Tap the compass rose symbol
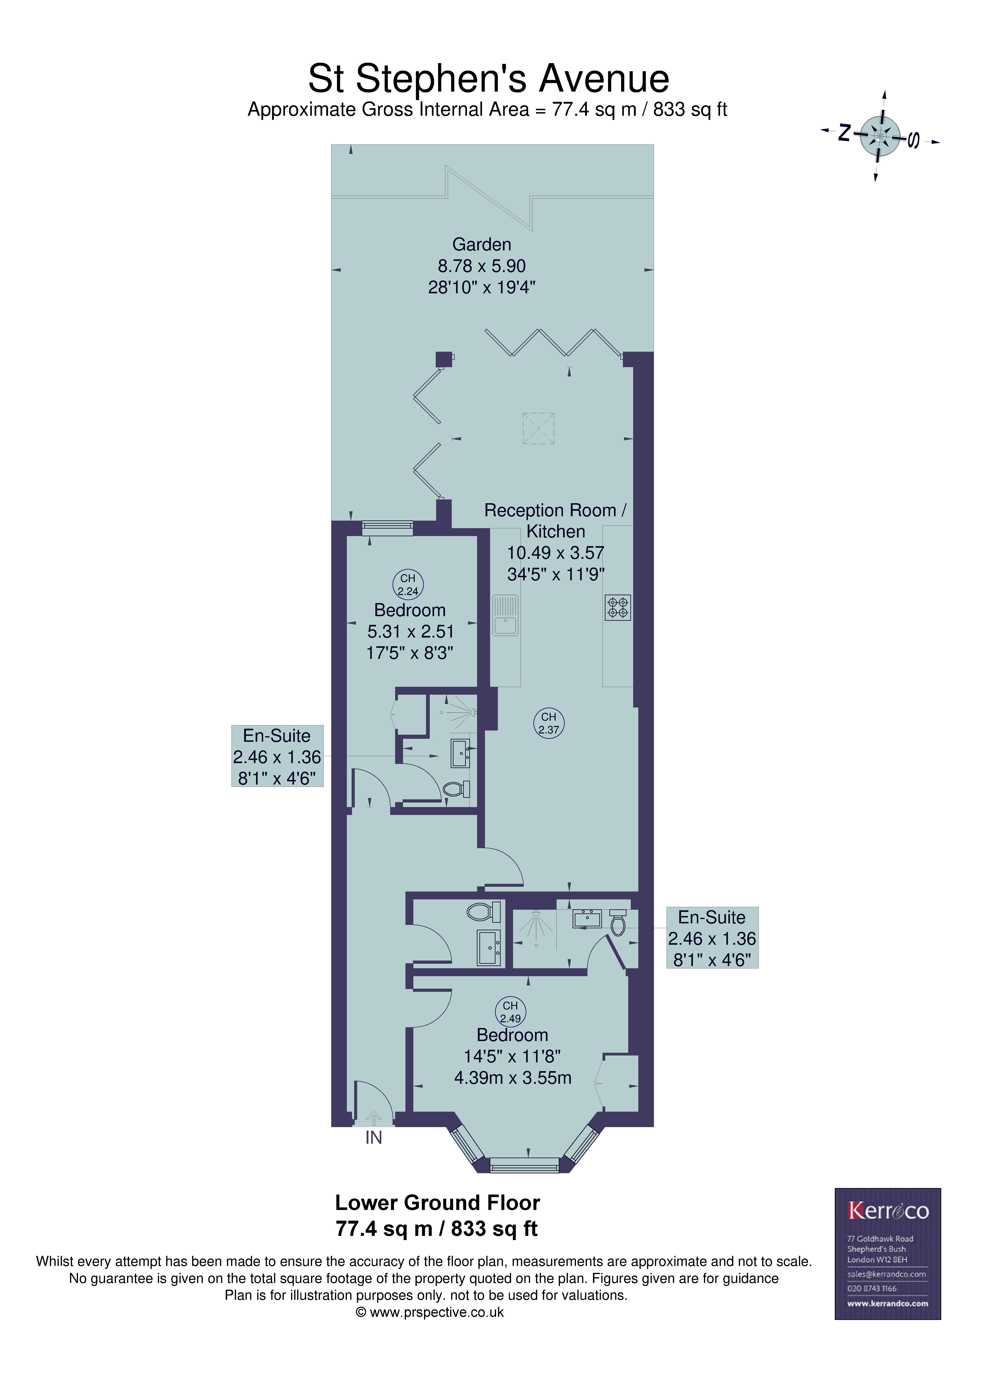tap(880, 136)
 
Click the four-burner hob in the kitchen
tap(618, 607)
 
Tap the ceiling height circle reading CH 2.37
tap(548, 723)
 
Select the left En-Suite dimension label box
tap(277, 756)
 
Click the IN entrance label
tap(374, 1138)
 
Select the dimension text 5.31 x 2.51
tap(410, 632)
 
